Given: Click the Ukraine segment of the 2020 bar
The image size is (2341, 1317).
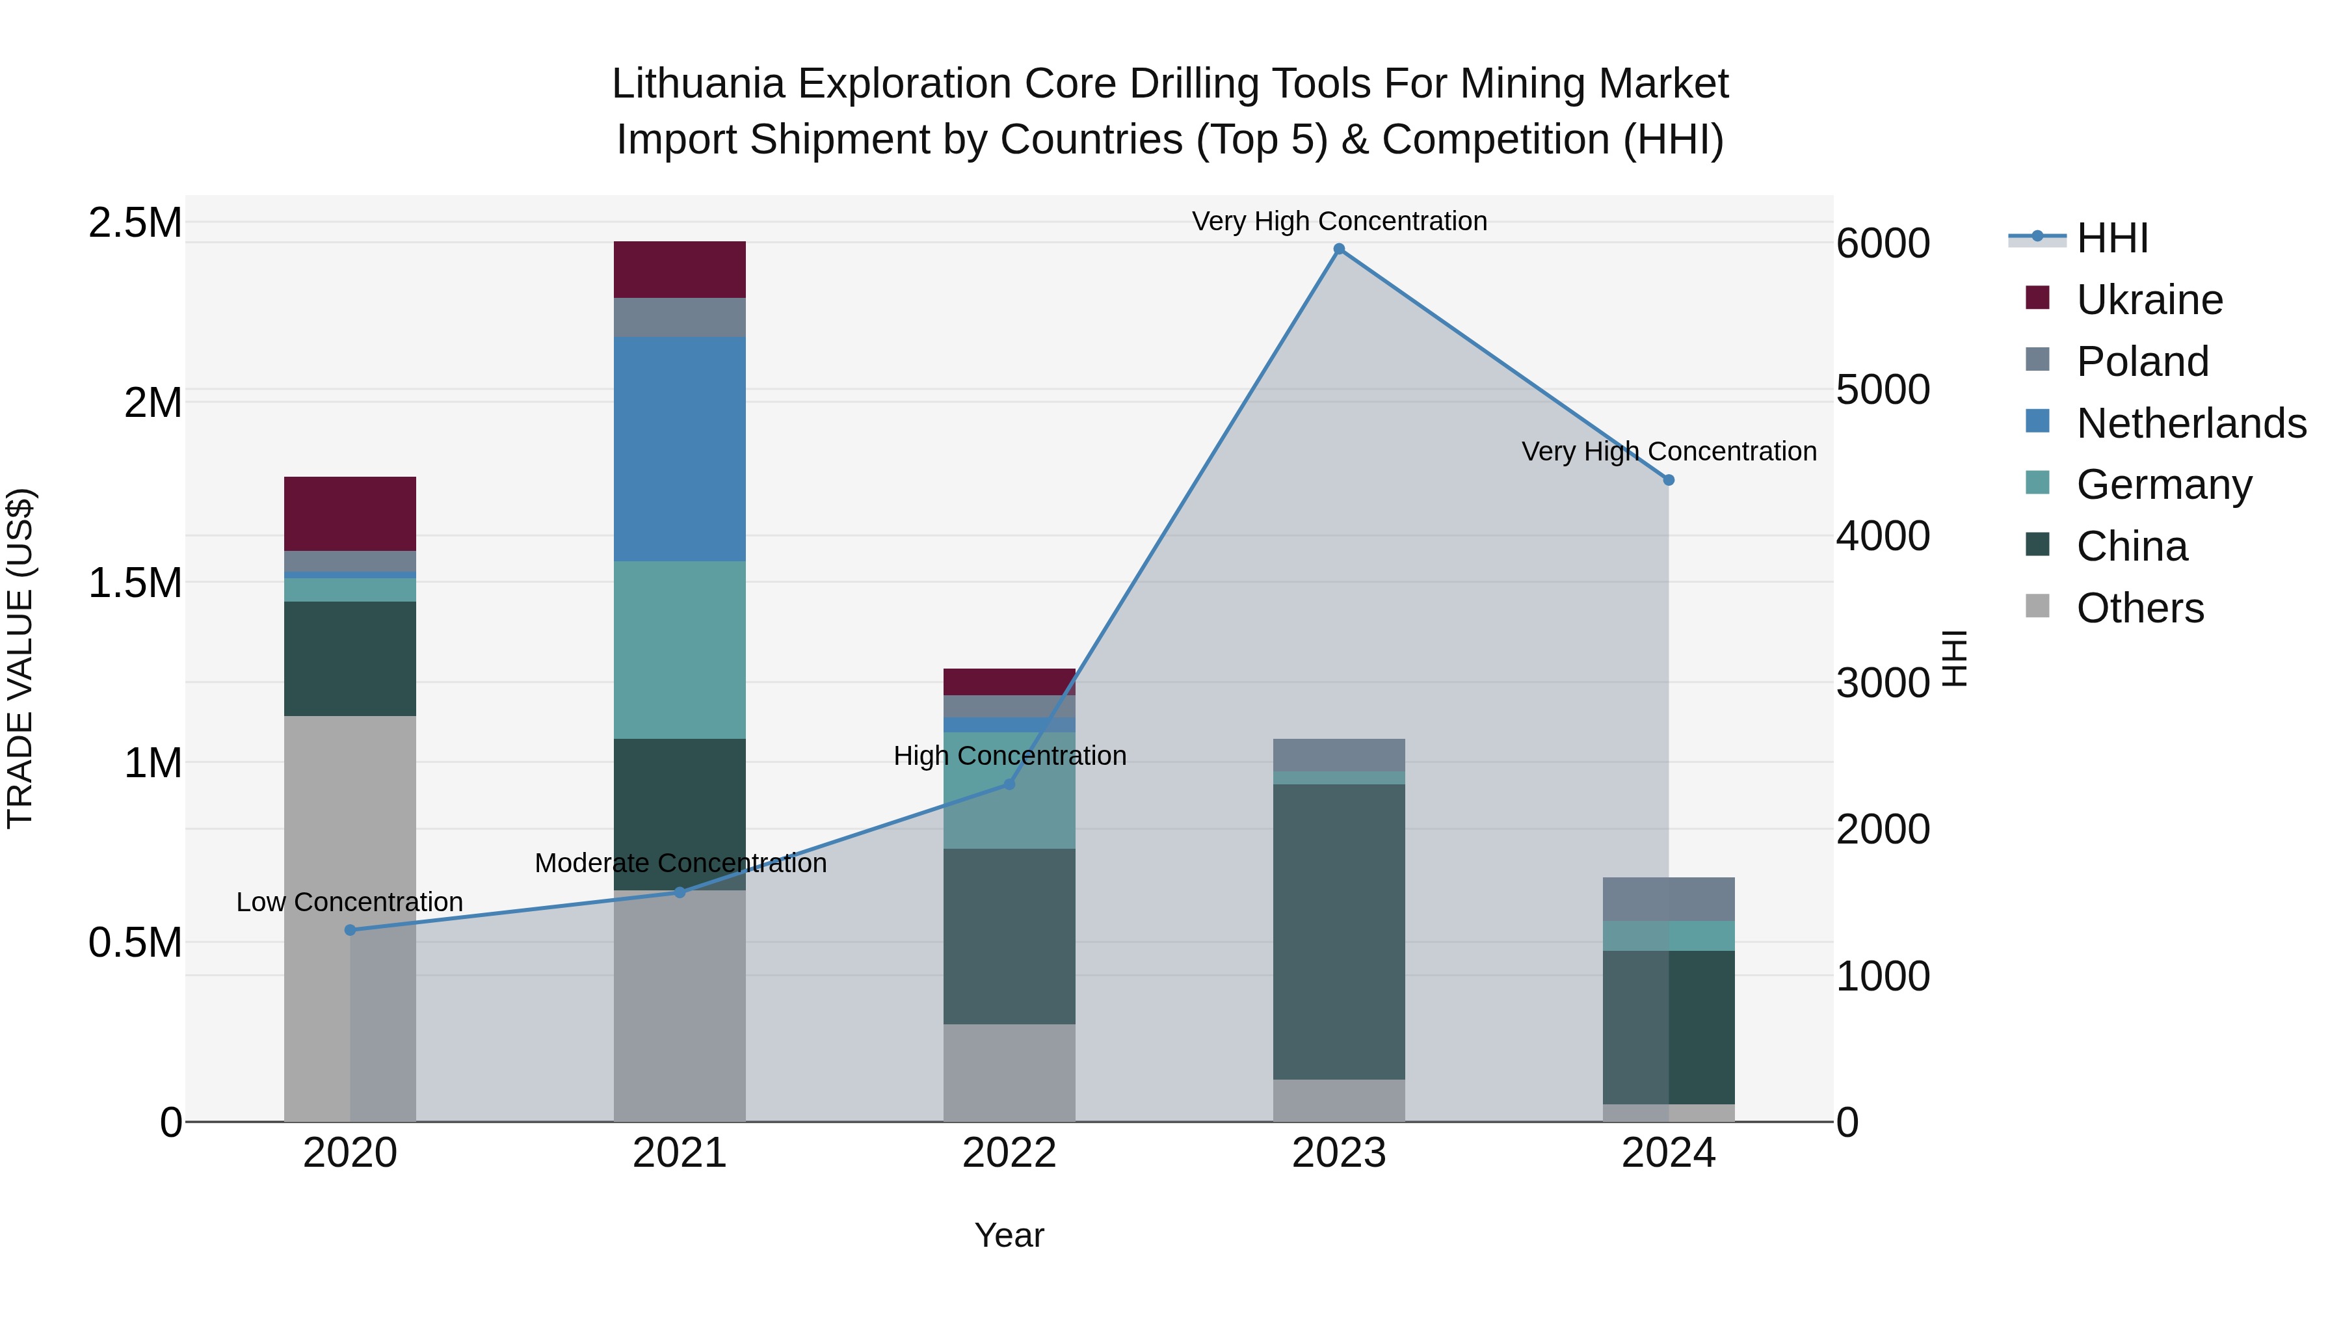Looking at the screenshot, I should pyautogui.click(x=350, y=514).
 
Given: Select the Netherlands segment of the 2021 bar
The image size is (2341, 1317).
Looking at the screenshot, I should pyautogui.click(x=680, y=449).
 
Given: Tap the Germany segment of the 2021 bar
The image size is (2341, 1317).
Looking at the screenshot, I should pyautogui.click(x=680, y=650).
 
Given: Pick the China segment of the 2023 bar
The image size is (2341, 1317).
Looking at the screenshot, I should pyautogui.click(x=1339, y=931).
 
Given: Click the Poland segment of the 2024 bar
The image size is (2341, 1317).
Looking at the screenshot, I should pyautogui.click(x=1669, y=899).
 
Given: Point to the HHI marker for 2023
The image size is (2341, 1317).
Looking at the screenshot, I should pyautogui.click(x=1339, y=249).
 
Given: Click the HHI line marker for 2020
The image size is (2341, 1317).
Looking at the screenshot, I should pyautogui.click(x=350, y=930).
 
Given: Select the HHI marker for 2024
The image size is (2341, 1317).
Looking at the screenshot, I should pyautogui.click(x=1669, y=480).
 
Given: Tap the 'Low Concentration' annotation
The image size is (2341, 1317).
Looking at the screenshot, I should pyautogui.click(x=350, y=903).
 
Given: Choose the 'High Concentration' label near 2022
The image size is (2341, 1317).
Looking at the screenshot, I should pyautogui.click(x=1010, y=756).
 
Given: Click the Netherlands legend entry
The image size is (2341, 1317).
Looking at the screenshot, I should pyautogui.click(x=2191, y=423).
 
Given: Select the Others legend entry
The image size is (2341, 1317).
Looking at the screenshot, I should pyautogui.click(x=2139, y=608).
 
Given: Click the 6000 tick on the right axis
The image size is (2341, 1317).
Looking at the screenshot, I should pyautogui.click(x=1882, y=244).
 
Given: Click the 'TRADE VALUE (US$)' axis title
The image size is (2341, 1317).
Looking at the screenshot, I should pyautogui.click(x=21, y=659).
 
